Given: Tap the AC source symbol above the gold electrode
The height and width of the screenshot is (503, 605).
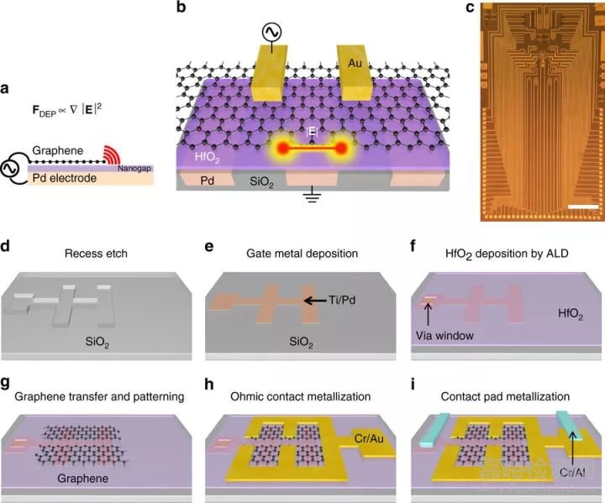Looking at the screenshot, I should click(x=271, y=32).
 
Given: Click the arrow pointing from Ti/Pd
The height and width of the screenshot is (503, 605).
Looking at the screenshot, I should click(x=315, y=299).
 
